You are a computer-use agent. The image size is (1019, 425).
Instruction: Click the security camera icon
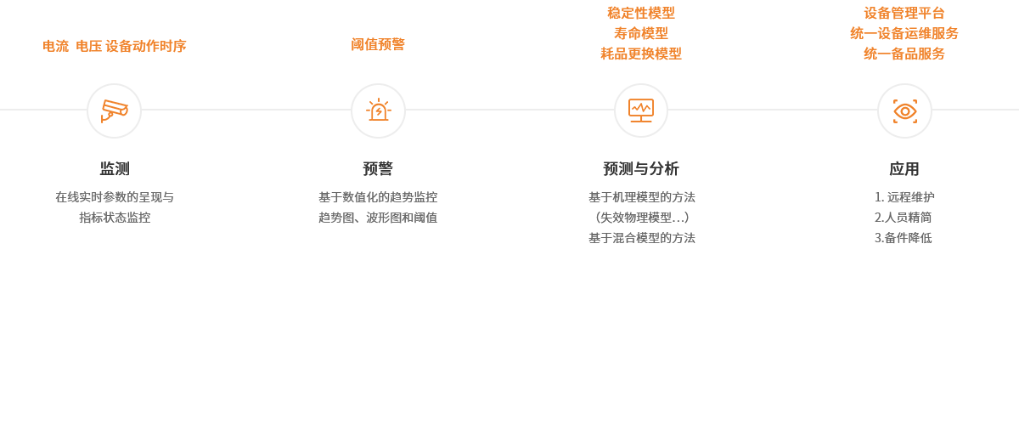(x=114, y=110)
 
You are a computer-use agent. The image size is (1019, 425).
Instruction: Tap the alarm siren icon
(x=378, y=110)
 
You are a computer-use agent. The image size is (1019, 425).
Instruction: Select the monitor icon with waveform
(x=641, y=110)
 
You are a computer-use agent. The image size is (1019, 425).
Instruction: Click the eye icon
(x=904, y=110)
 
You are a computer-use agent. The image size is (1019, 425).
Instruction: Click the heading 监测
(x=115, y=168)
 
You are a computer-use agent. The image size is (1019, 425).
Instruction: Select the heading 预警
(x=378, y=168)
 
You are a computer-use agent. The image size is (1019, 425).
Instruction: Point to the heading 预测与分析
(x=641, y=168)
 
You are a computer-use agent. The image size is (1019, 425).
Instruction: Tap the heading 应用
(x=904, y=168)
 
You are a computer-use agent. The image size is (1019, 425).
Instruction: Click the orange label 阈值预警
(x=378, y=44)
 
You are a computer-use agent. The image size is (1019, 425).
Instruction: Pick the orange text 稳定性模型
(x=641, y=13)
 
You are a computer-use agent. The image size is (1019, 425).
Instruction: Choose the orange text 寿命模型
(x=641, y=33)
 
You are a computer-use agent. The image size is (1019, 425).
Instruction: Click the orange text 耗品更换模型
(x=641, y=54)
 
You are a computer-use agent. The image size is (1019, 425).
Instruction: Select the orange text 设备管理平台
(x=904, y=13)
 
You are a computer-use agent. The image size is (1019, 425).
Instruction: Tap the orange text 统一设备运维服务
(x=904, y=33)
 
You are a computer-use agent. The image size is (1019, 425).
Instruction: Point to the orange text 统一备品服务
(x=904, y=54)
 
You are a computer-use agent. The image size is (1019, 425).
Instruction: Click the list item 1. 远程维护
(x=904, y=197)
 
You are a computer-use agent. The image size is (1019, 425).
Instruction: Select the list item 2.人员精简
(x=904, y=218)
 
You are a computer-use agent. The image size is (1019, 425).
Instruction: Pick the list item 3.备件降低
(x=904, y=238)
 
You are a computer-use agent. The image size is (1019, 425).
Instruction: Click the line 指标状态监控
(x=115, y=218)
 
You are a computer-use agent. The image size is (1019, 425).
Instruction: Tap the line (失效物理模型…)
(x=641, y=218)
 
